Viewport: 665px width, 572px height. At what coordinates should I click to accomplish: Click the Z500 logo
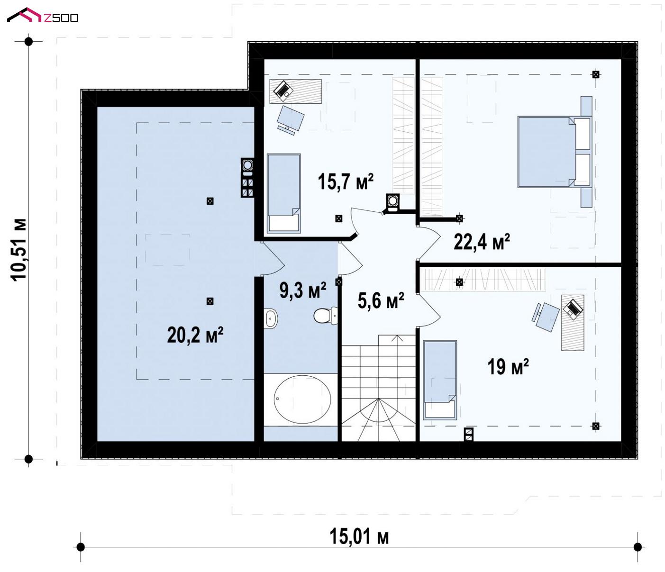point(43,16)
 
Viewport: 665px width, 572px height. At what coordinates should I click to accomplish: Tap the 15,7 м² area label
point(346,182)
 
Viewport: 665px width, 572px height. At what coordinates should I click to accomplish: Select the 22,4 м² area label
point(482,242)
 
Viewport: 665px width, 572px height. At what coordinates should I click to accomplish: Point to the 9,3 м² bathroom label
point(303,290)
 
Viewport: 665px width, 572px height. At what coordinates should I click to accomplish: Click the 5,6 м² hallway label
point(381,300)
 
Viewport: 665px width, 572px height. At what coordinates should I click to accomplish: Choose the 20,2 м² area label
point(195,335)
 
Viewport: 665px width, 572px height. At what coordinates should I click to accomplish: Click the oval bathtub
point(302,400)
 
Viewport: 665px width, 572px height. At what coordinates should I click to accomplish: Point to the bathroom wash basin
point(271,318)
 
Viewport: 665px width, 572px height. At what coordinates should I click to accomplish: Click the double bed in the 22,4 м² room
point(555,152)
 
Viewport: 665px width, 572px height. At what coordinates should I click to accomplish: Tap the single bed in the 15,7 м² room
point(284,193)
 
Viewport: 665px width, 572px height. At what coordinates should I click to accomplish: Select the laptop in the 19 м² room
point(573,308)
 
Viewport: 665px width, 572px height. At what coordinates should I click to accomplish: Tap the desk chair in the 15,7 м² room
point(290,119)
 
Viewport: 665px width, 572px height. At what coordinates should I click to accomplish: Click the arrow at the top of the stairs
point(398,338)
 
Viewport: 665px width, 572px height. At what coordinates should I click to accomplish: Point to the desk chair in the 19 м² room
point(546,317)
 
